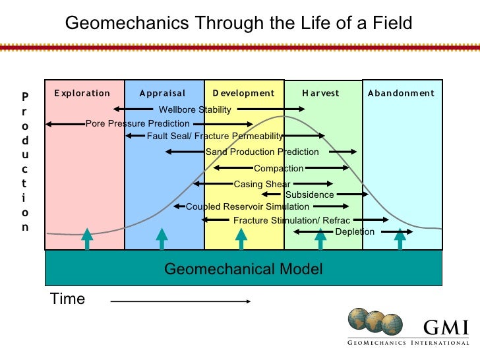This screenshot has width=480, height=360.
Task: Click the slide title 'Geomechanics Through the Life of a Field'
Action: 238,24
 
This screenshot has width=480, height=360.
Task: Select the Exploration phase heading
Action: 82,93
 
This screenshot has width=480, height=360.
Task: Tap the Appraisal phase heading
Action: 163,93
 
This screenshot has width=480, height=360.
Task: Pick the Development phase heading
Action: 243,93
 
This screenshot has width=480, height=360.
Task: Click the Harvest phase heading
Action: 320,93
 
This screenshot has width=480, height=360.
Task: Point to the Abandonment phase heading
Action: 401,93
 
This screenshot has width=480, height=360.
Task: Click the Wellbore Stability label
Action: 195,109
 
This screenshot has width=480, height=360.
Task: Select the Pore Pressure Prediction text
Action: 138,123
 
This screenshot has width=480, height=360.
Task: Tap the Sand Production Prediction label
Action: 262,152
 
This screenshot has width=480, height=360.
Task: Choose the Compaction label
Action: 278,168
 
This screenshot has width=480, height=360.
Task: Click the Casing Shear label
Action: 262,184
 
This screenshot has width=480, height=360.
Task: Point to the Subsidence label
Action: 309,195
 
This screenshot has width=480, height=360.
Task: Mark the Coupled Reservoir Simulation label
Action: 247,206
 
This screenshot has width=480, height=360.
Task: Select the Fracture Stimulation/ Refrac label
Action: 291,220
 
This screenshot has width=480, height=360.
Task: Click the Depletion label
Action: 355,231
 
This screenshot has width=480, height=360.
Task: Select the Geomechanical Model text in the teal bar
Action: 243,268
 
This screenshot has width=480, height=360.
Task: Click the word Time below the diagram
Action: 68,299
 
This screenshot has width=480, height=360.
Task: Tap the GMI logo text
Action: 446,328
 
